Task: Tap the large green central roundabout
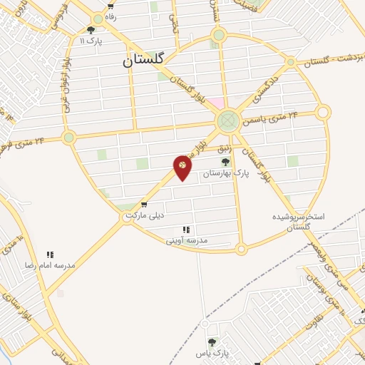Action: pyautogui.click(x=228, y=120)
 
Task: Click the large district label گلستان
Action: pyautogui.click(x=143, y=61)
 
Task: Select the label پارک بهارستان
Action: pyautogui.click(x=226, y=173)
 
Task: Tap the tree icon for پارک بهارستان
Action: pyautogui.click(x=226, y=163)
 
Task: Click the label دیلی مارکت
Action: pyautogui.click(x=145, y=215)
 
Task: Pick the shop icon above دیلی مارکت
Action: pyautogui.click(x=145, y=205)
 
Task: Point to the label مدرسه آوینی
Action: pyautogui.click(x=187, y=241)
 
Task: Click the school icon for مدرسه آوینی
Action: pyautogui.click(x=187, y=230)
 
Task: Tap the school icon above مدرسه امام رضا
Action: pyautogui.click(x=50, y=254)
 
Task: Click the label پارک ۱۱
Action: pyautogui.click(x=92, y=41)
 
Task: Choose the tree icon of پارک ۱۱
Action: pyautogui.click(x=91, y=30)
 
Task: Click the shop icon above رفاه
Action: pyautogui.click(x=110, y=5)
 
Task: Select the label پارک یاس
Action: pyautogui.click(x=214, y=353)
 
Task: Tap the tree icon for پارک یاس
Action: pyautogui.click(x=212, y=342)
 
